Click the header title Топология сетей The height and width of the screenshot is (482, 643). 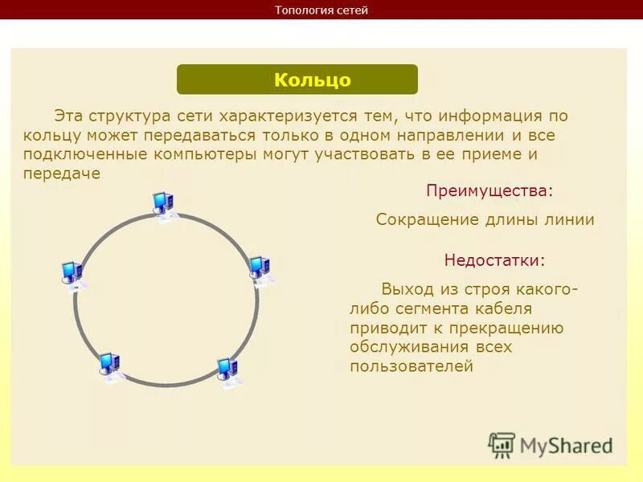click(x=321, y=10)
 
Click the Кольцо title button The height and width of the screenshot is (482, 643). click(x=297, y=80)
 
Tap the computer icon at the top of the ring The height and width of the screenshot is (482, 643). click(x=163, y=206)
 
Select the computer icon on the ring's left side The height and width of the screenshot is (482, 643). click(x=72, y=274)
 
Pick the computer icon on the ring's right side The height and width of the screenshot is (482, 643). click(x=259, y=269)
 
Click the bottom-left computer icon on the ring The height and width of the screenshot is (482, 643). click(x=109, y=366)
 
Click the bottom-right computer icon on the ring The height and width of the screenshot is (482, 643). click(x=227, y=371)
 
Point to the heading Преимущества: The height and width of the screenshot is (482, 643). click(x=489, y=191)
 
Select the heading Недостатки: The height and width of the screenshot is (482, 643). click(x=494, y=260)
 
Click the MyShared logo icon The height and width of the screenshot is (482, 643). click(x=502, y=444)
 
